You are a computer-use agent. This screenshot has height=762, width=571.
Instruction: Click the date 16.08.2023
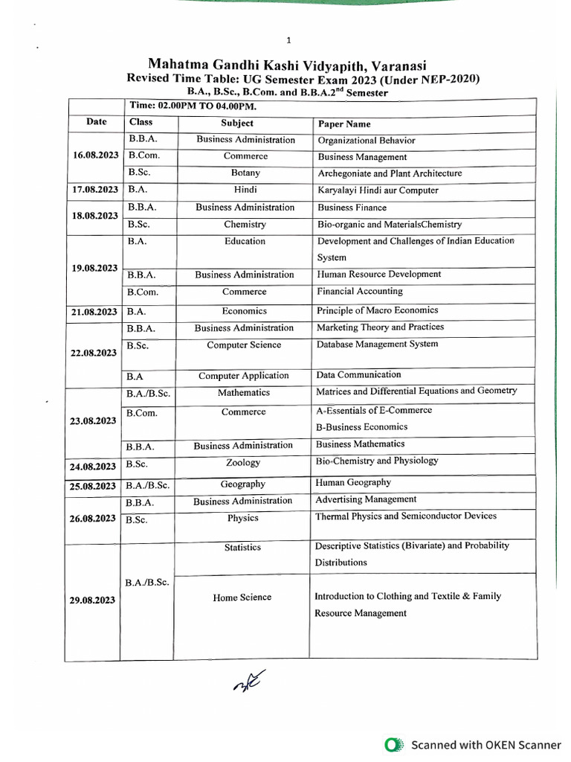coord(94,156)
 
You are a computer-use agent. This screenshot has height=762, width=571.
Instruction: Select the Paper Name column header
coord(343,124)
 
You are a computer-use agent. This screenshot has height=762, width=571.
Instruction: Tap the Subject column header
coord(237,123)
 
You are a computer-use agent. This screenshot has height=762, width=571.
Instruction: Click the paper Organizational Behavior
coord(366,141)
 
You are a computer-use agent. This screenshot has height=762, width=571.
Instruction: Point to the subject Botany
coord(245,173)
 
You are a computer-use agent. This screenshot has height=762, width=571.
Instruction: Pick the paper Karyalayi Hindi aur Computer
coord(378,190)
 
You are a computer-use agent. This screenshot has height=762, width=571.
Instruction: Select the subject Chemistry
coord(245,224)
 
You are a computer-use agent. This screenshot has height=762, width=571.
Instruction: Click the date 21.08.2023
coord(94,312)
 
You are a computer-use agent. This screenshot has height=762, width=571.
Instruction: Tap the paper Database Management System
coord(377,344)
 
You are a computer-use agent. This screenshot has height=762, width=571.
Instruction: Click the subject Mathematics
coord(244,392)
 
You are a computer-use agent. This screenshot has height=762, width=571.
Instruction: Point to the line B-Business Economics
coord(361,427)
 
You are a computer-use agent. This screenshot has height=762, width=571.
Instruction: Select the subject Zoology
coord(243,462)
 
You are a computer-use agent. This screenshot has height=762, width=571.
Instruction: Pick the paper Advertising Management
coord(366,499)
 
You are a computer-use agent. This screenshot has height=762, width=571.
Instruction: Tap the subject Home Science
coord(242,598)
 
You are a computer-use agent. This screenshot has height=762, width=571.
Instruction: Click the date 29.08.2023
coord(92,600)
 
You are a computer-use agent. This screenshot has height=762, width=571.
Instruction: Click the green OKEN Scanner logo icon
coord(394,744)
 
